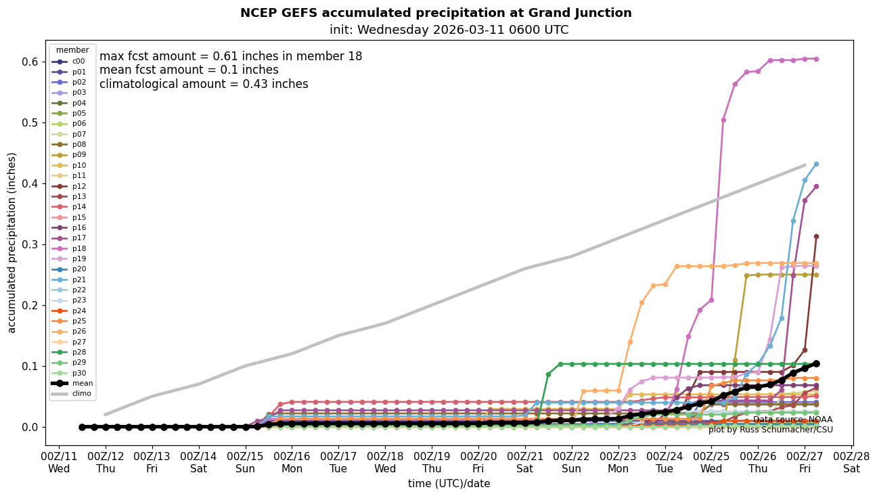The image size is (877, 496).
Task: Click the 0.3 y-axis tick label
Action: pyautogui.click(x=30, y=244)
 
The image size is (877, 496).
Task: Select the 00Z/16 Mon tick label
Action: pyautogui.click(x=292, y=461)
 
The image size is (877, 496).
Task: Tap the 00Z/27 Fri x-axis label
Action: pyautogui.click(x=805, y=461)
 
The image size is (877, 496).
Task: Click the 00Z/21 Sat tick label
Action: pyautogui.click(x=525, y=461)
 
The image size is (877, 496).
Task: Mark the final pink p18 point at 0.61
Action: pyautogui.click(x=816, y=59)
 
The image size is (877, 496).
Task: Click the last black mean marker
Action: pyautogui.click(x=816, y=363)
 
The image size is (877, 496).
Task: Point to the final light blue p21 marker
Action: pyautogui.click(x=816, y=164)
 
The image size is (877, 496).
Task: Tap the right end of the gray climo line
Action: pyautogui.click(x=805, y=165)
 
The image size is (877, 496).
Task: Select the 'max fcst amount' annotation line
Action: pyautogui.click(x=231, y=56)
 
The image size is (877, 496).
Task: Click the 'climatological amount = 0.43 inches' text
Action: pyautogui.click(x=204, y=84)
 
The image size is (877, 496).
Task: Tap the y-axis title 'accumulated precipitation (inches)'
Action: pyautogui.click(x=12, y=242)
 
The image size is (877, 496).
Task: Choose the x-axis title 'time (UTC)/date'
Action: pyautogui.click(x=449, y=484)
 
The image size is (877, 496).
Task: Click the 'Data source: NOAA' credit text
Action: pyautogui.click(x=792, y=420)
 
